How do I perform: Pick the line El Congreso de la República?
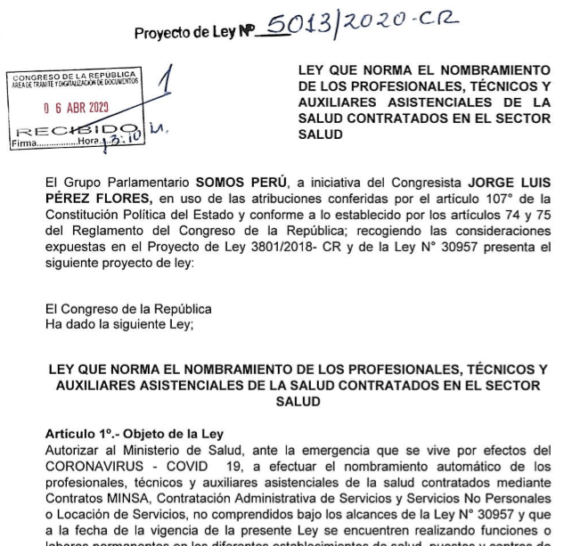point(129,309)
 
